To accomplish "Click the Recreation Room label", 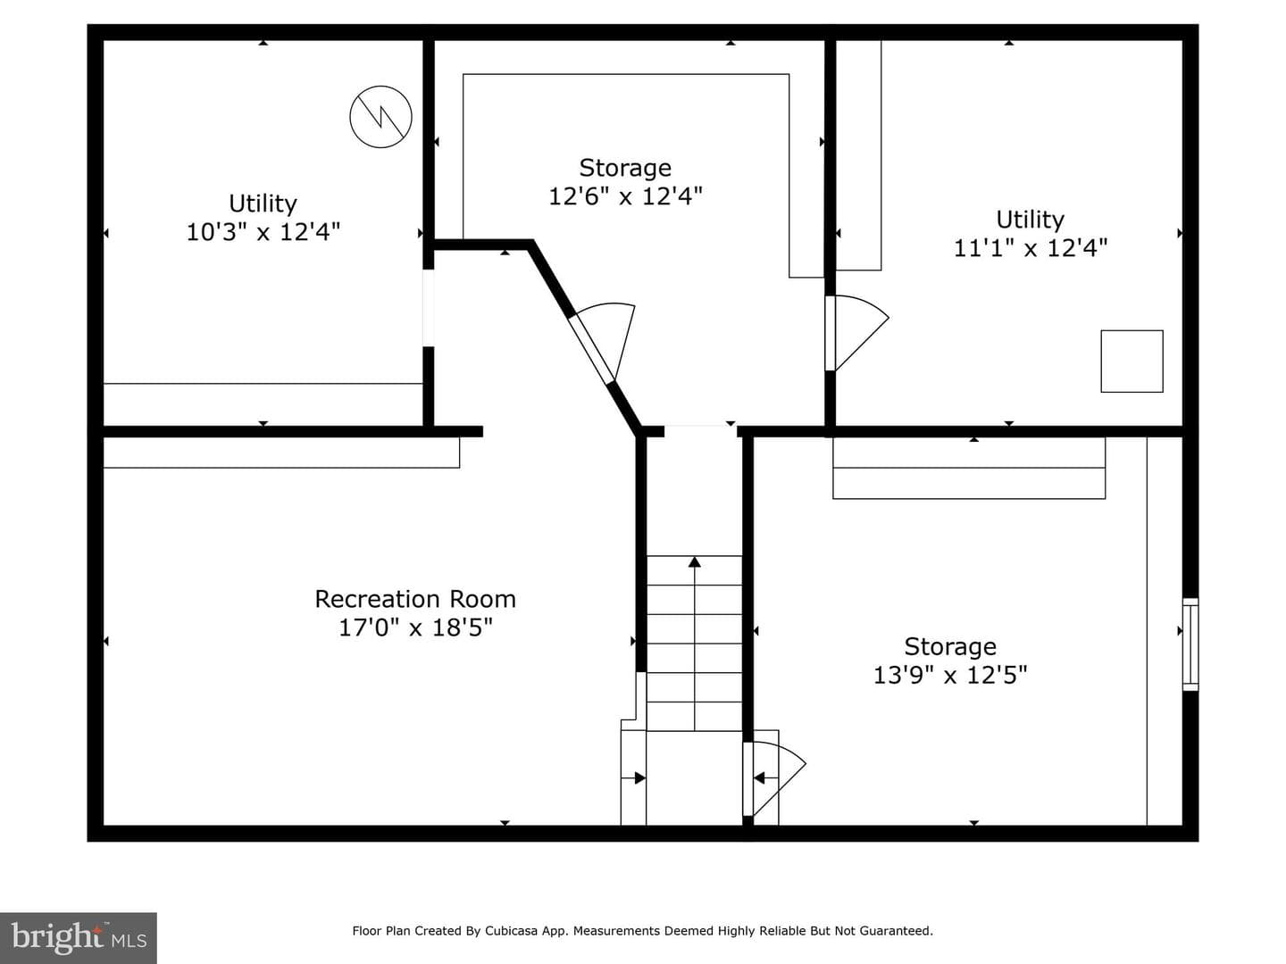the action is click(x=415, y=599).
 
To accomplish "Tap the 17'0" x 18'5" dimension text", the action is click(x=415, y=627).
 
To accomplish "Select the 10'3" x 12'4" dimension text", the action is click(x=263, y=232).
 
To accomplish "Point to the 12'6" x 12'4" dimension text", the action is click(x=625, y=196).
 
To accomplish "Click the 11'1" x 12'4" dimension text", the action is click(x=1031, y=247).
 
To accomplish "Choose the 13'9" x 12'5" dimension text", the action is click(x=950, y=675).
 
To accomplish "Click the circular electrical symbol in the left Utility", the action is click(x=380, y=116).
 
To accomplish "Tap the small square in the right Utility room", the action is click(x=1132, y=361).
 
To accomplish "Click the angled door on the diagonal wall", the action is click(x=604, y=343).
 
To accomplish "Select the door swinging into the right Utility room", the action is click(x=856, y=333).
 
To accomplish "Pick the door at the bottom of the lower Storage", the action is click(x=773, y=778).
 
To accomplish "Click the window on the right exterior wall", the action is click(x=1190, y=644).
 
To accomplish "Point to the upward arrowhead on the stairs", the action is click(x=694, y=562).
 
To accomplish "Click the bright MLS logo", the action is click(x=79, y=937).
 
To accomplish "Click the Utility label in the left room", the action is click(x=263, y=204).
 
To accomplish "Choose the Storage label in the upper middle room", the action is click(x=625, y=168).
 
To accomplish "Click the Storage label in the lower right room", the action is click(x=950, y=646).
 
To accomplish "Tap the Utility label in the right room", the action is click(x=1031, y=219).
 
